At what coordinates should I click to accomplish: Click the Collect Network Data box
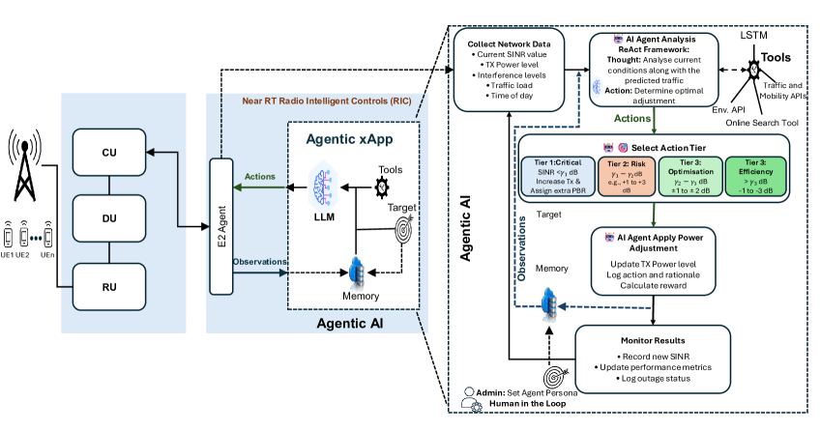512,71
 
